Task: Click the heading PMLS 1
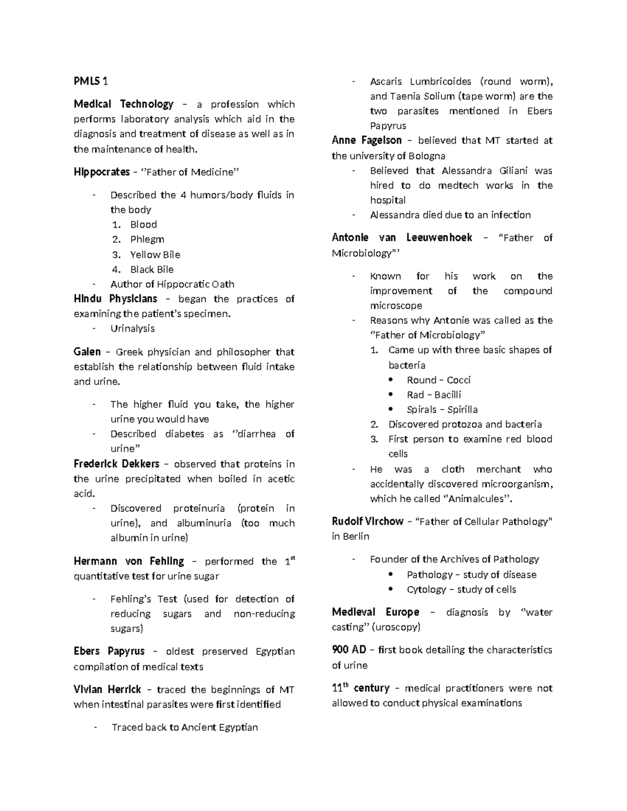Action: tap(91, 81)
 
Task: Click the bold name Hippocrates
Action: tap(101, 172)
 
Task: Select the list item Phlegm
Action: tap(147, 239)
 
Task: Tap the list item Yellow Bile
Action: tap(155, 254)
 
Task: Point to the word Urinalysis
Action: tap(132, 328)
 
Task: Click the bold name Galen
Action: tap(87, 351)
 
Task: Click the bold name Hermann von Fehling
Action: tap(129, 561)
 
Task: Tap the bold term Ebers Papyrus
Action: tap(109, 651)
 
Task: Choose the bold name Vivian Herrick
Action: tap(107, 689)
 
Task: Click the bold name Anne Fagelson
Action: tap(366, 140)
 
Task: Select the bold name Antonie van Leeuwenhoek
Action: tap(402, 238)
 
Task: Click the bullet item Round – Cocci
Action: tap(438, 380)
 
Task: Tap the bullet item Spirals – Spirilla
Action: tap(442, 409)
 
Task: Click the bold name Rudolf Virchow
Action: tap(367, 521)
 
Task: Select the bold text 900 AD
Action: tap(349, 650)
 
